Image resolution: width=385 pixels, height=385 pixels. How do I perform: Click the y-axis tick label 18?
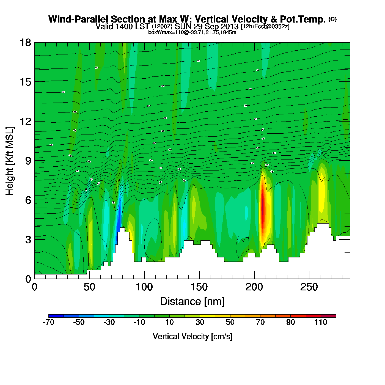tap(25, 43)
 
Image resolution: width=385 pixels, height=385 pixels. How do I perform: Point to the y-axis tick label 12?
tap(25, 121)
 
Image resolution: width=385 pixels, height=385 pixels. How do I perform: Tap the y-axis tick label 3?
tap(28, 240)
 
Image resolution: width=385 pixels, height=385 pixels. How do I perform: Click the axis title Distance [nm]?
tap(192, 301)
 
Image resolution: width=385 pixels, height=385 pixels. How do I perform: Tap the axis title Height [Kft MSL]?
tap(10, 161)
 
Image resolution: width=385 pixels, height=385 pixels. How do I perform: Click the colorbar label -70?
tap(48, 322)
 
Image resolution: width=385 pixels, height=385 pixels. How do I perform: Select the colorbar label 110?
tap(321, 322)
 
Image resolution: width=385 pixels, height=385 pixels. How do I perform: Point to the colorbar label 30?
tap(200, 322)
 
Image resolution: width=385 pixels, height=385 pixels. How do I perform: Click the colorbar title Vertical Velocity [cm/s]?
tap(193, 336)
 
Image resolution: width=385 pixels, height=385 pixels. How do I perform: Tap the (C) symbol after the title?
tap(332, 19)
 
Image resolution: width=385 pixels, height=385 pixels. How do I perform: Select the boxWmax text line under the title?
tap(192, 32)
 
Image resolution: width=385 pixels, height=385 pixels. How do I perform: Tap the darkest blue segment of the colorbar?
tap(56, 316)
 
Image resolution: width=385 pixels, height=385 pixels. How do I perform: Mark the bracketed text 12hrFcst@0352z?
tap(265, 27)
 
